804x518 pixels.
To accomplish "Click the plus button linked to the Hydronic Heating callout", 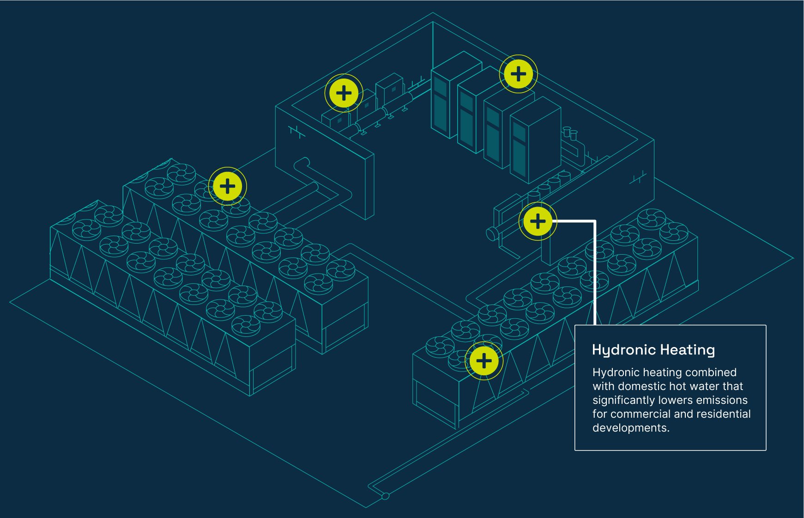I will [x=538, y=221].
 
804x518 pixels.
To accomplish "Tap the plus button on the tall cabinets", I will [x=518, y=74].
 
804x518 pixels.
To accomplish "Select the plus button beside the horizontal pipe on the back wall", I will [x=344, y=93].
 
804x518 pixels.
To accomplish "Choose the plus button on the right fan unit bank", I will [x=484, y=361].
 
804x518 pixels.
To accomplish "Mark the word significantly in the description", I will [x=623, y=400].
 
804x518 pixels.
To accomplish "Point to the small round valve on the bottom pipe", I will [x=385, y=496].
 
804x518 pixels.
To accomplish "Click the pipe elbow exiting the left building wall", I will [x=302, y=163].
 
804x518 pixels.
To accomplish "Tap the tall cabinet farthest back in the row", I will [x=450, y=92].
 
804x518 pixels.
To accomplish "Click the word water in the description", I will [x=705, y=386].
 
